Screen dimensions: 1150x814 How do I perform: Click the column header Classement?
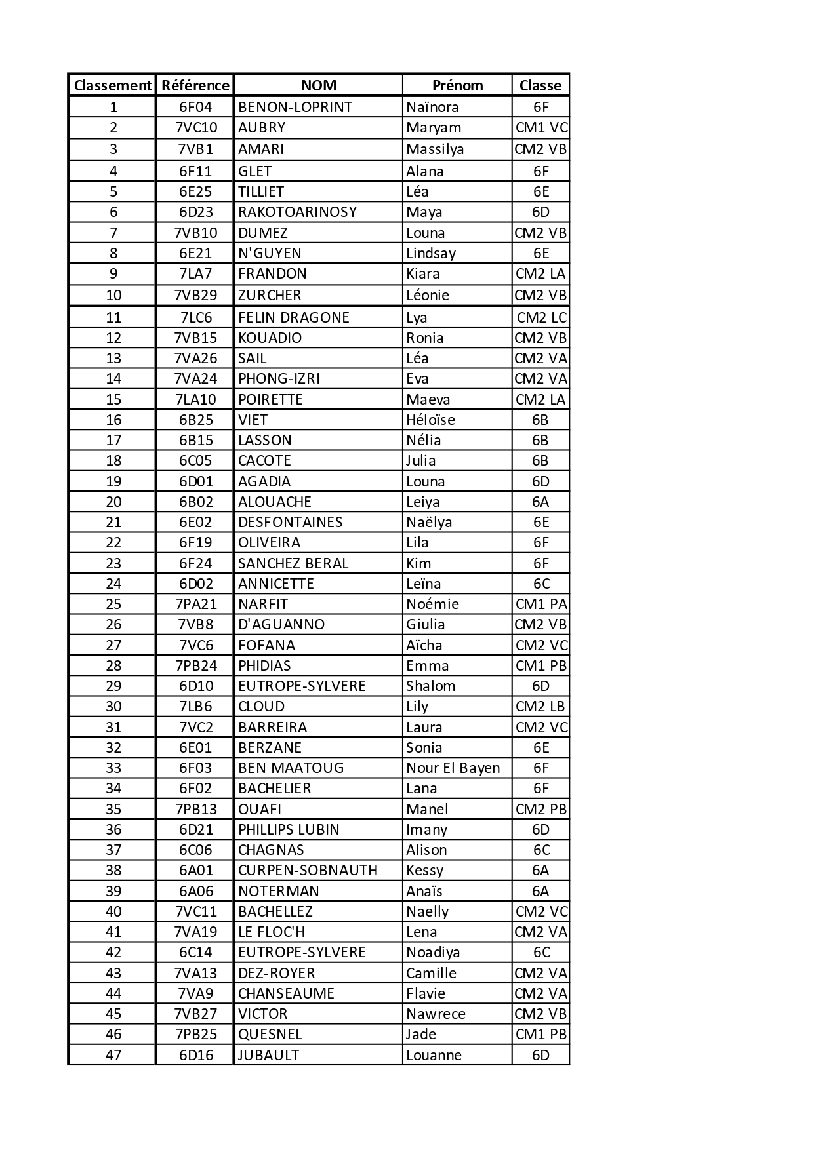[x=112, y=85]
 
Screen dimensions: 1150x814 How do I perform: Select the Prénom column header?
[x=457, y=85]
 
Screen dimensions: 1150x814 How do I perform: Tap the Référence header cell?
[x=195, y=85]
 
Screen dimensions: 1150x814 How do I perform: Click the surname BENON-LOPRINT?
[x=295, y=107]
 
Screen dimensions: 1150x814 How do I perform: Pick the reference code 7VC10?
[x=195, y=127]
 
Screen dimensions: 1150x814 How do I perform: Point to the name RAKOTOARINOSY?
[x=297, y=212]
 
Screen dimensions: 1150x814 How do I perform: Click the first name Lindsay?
[x=430, y=253]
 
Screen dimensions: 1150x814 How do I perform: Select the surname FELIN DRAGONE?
[x=294, y=317]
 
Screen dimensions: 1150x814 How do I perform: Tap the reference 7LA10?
[x=195, y=399]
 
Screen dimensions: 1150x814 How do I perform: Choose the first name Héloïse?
[x=430, y=420]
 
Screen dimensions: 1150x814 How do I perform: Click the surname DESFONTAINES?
[x=290, y=522]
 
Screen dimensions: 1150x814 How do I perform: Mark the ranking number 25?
[x=113, y=604]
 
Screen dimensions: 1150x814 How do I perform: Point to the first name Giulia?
[x=425, y=624]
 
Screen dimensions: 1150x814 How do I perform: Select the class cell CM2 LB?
[x=540, y=706]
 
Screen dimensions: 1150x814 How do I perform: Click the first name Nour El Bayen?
[x=453, y=768]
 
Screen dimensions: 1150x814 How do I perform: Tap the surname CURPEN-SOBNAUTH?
[x=308, y=870]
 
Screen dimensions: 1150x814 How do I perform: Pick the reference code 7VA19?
[x=195, y=932]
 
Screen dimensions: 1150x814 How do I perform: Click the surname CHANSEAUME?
[x=286, y=993]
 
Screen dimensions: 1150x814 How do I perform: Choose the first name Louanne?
[x=434, y=1055]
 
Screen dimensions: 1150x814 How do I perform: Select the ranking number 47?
[x=113, y=1055]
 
